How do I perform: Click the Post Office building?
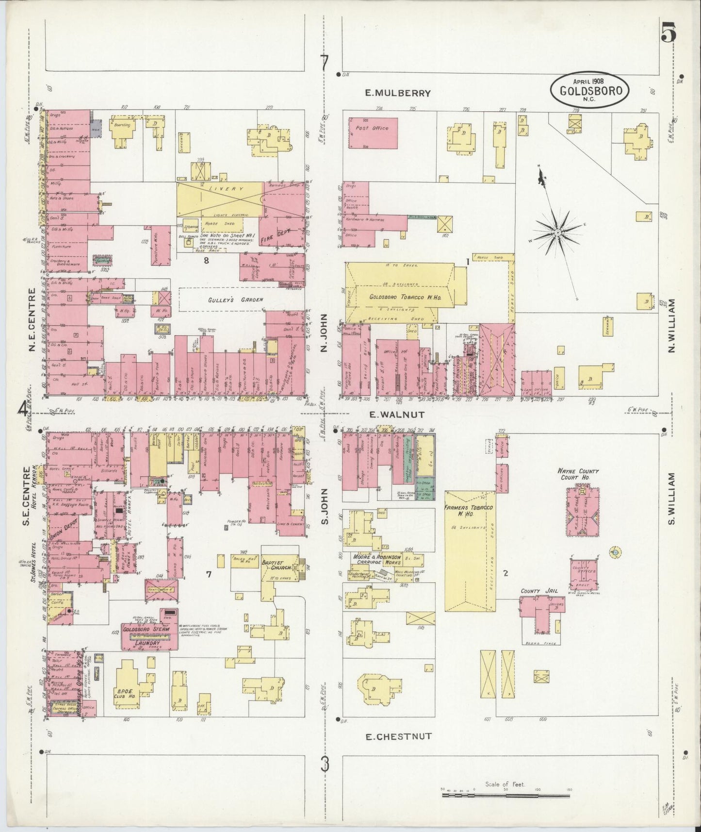click(x=373, y=133)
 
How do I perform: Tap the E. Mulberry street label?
click(x=398, y=93)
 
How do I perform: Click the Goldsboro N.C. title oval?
click(x=589, y=90)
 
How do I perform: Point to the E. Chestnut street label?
click(x=398, y=736)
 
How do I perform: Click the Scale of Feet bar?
click(x=507, y=795)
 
